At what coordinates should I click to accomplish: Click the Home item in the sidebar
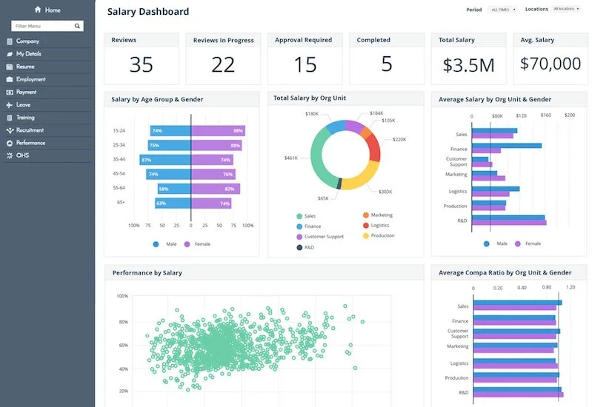tap(47, 10)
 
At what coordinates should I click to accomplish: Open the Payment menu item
tap(27, 92)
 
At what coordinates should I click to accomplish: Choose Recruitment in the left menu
tap(30, 130)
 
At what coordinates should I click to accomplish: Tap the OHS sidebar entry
tap(22, 155)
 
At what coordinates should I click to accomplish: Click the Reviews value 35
tap(141, 65)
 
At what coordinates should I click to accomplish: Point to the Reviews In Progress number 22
tap(223, 65)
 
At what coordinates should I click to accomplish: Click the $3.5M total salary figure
tap(468, 65)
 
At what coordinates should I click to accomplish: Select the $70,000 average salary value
tap(551, 64)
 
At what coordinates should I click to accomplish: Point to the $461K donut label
tap(291, 158)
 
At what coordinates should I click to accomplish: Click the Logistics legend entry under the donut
tap(380, 225)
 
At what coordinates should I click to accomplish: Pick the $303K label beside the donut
tap(385, 192)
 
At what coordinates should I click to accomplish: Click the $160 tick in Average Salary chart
tap(545, 115)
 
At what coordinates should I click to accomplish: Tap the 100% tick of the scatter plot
tap(123, 296)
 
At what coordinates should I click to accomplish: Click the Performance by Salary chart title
tap(147, 273)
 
